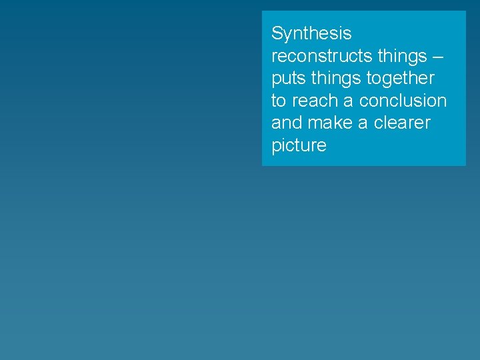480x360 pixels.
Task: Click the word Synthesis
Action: point(311,33)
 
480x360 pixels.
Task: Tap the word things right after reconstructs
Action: point(403,56)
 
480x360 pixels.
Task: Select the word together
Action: point(401,78)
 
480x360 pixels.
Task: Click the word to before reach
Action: point(279,101)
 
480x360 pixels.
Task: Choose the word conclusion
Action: point(403,101)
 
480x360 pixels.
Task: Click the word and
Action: point(287,123)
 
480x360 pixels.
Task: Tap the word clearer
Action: point(402,123)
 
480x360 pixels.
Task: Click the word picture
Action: point(299,145)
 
